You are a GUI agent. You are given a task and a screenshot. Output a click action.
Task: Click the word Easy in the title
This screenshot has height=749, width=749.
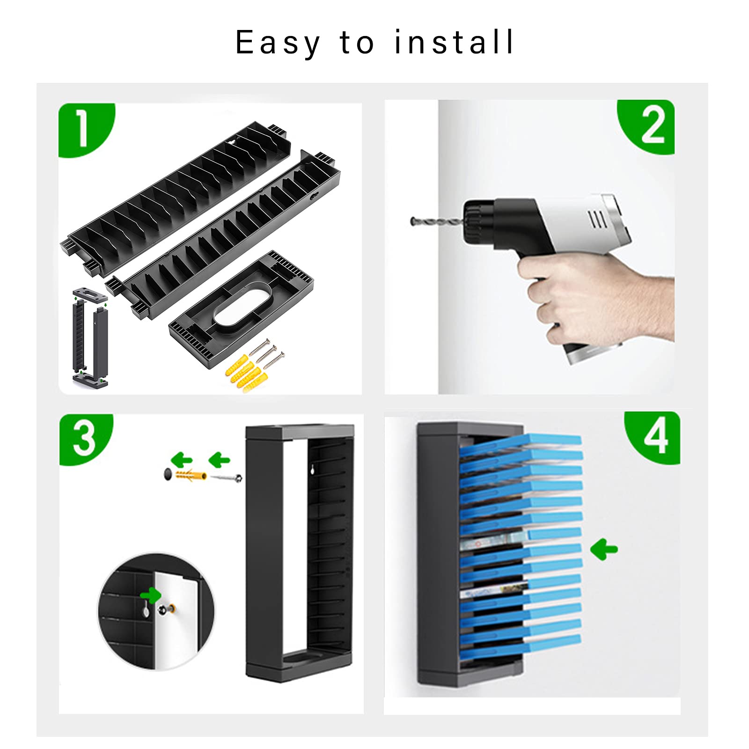(278, 43)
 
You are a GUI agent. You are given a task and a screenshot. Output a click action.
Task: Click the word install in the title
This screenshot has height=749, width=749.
(454, 42)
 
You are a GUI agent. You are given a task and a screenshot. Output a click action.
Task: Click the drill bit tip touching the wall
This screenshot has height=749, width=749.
(412, 221)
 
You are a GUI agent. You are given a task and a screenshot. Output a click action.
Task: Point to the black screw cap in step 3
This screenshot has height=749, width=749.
(168, 474)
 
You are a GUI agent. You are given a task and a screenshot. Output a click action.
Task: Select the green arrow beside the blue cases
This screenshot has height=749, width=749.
(604, 549)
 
